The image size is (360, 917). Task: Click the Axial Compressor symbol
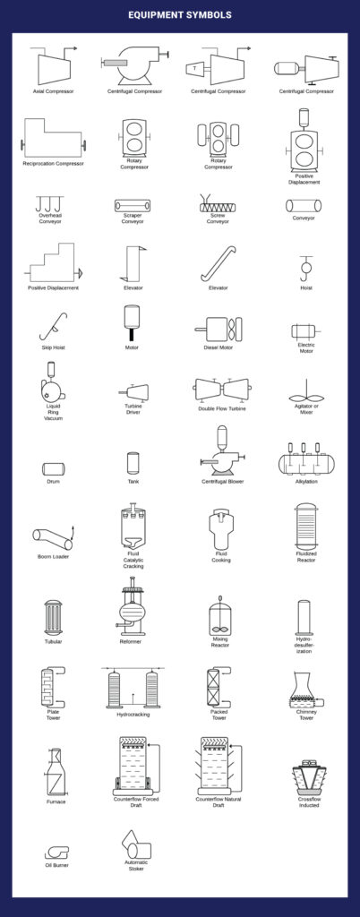(53, 66)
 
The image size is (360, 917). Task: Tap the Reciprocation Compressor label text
(53, 163)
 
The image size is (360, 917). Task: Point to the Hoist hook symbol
(305, 267)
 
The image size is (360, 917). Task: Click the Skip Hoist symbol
(53, 326)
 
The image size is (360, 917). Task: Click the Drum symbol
(53, 467)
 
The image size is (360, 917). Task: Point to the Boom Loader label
(53, 556)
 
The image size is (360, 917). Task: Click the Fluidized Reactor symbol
(306, 524)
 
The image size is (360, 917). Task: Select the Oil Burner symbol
(57, 852)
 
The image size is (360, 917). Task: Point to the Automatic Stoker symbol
(133, 845)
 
